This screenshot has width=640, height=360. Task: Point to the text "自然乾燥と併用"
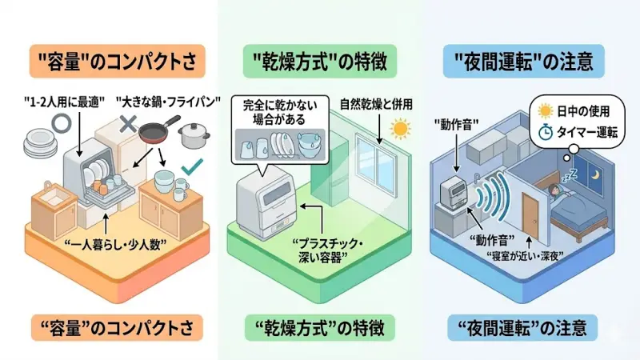point(362,104)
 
